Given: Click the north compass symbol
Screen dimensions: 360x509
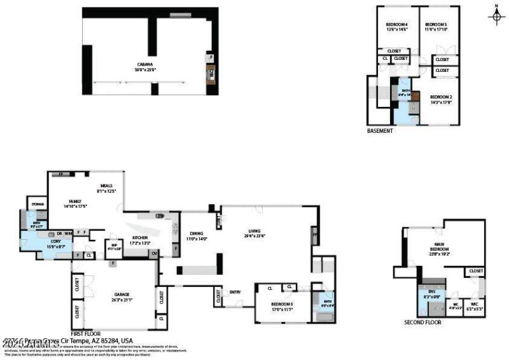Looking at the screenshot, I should click(496, 15).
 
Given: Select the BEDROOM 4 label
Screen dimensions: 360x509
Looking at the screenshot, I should click(396, 26).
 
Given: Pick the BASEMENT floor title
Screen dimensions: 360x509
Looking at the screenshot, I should click(380, 131).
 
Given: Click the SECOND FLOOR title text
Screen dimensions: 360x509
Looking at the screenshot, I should click(422, 322).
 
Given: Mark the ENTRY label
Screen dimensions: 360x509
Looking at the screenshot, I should click(235, 292).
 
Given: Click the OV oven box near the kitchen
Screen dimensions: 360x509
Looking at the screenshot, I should click(155, 253).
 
